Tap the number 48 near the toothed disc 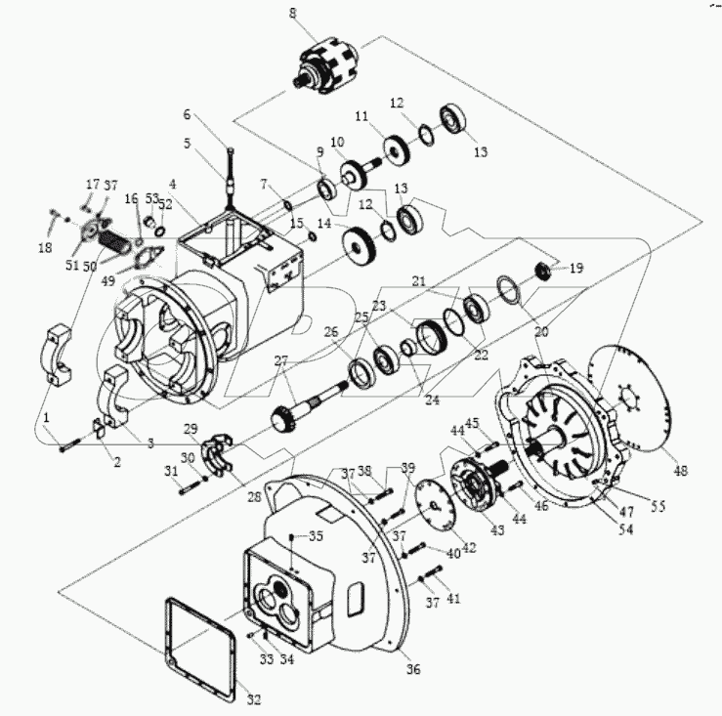[681, 471]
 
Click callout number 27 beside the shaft [280, 361]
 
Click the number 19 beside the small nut [576, 267]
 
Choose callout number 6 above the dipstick [189, 114]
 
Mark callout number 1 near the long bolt [45, 418]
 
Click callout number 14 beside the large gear [322, 223]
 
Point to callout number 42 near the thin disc [470, 549]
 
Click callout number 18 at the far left [46, 249]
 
